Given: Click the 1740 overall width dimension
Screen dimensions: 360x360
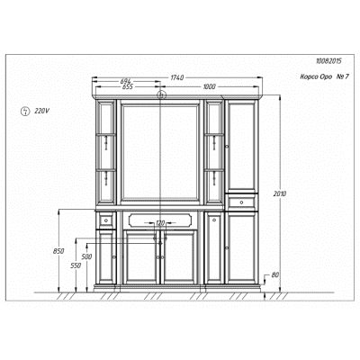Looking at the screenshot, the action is click(x=176, y=77).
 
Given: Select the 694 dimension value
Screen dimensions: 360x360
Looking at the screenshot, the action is click(x=127, y=81).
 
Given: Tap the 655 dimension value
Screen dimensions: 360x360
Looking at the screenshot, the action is click(x=127, y=87).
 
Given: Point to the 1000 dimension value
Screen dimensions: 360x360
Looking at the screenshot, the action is click(x=210, y=86).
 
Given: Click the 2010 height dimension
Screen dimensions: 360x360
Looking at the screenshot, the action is click(x=280, y=193).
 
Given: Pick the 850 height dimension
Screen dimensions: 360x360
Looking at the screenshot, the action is click(x=58, y=251).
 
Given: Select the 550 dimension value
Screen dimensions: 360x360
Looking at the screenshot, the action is click(x=76, y=265).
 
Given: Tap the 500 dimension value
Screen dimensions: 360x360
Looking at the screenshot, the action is click(x=86, y=256).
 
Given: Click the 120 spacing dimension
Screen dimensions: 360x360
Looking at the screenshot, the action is click(x=160, y=223).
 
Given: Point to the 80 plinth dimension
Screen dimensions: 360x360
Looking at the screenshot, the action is click(x=275, y=274).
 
